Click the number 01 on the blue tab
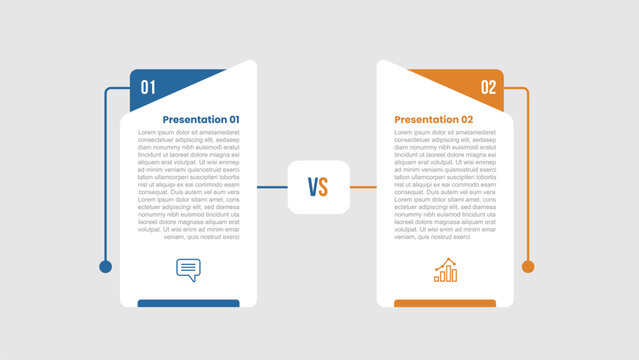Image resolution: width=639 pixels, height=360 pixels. point(148,87)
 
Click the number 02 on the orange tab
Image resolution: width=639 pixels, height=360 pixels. point(488,87)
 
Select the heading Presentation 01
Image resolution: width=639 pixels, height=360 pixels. point(201,119)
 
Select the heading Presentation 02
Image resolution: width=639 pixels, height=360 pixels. point(434,120)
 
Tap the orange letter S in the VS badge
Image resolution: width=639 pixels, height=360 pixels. point(323,187)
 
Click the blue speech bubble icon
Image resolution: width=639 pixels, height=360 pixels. point(188,269)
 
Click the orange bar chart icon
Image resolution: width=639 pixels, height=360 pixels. point(445,270)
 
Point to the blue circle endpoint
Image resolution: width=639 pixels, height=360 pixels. point(105,266)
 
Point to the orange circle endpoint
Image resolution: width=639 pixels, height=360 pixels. point(528,266)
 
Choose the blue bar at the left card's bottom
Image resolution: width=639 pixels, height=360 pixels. point(188,303)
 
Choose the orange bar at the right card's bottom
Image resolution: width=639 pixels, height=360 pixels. point(445,303)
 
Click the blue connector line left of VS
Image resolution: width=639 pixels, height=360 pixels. point(271,187)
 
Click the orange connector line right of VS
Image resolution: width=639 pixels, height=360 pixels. point(363,187)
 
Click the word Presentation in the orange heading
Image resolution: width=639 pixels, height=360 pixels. point(424,120)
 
